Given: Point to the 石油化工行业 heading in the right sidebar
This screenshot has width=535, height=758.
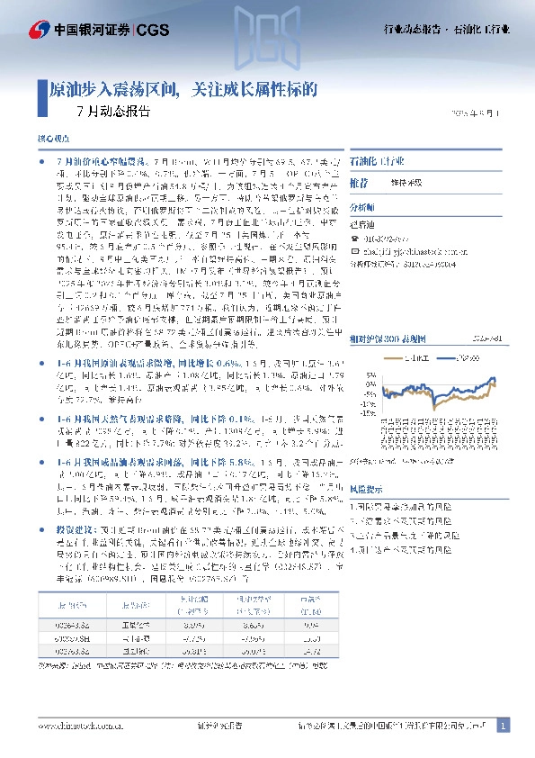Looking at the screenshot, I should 378,159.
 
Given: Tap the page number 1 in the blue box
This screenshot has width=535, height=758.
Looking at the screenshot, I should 504,725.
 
